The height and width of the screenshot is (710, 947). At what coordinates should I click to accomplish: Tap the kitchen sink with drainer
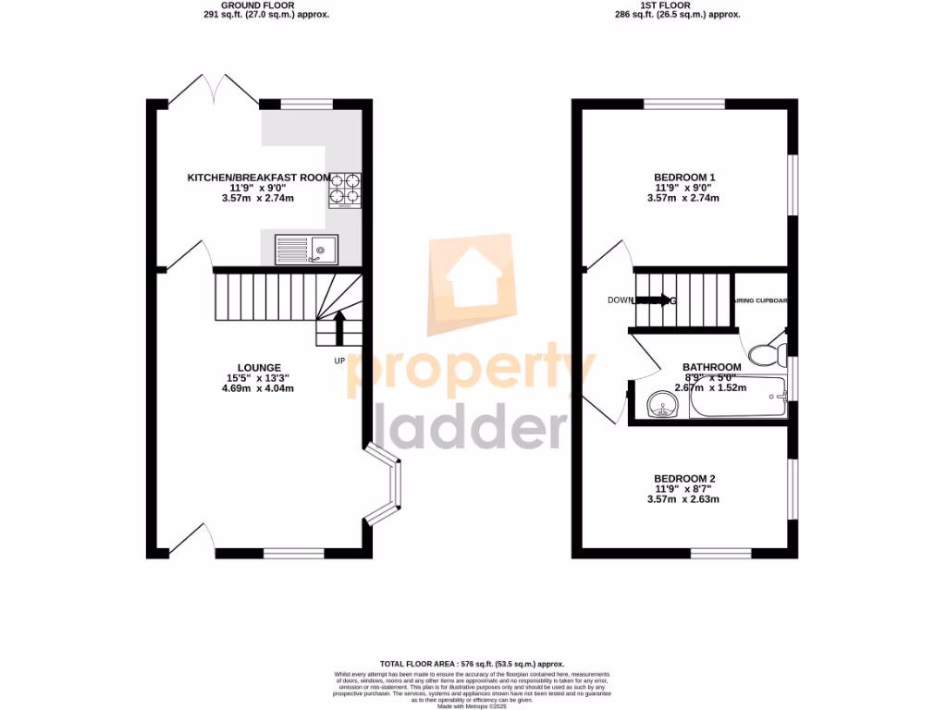[x=307, y=248]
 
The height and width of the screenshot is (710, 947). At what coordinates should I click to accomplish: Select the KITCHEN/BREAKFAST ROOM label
[x=259, y=177]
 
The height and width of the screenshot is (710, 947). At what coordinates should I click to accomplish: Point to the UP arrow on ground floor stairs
[x=338, y=325]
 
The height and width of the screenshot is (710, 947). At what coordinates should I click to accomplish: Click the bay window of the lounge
[x=389, y=482]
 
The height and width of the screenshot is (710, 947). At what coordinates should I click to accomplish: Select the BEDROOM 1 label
[x=684, y=177]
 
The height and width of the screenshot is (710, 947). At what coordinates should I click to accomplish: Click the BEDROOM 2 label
[x=684, y=479]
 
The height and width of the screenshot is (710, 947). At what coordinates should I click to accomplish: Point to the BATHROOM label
[x=711, y=367]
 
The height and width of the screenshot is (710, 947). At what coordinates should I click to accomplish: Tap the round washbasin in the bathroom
[x=660, y=404]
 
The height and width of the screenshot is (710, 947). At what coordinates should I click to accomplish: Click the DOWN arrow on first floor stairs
[x=654, y=300]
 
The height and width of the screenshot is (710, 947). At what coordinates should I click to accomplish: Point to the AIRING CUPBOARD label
[x=760, y=300]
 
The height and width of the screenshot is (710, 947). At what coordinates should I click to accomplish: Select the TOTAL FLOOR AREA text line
[x=472, y=665]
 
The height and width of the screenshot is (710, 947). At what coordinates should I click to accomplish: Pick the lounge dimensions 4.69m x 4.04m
[x=252, y=388]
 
